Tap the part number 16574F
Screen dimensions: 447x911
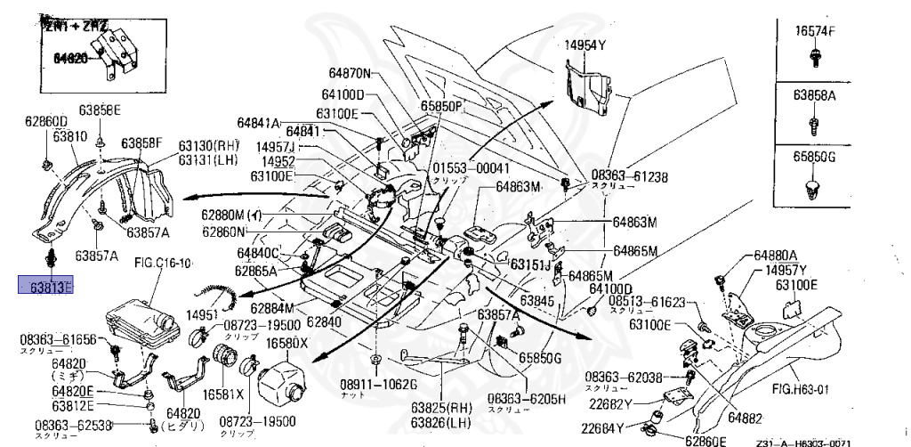click(x=815, y=31)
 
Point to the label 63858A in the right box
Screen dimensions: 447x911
click(x=815, y=93)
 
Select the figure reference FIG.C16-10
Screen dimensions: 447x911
click(x=163, y=263)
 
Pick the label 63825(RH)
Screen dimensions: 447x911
click(x=441, y=407)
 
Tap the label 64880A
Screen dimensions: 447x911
click(x=777, y=255)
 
